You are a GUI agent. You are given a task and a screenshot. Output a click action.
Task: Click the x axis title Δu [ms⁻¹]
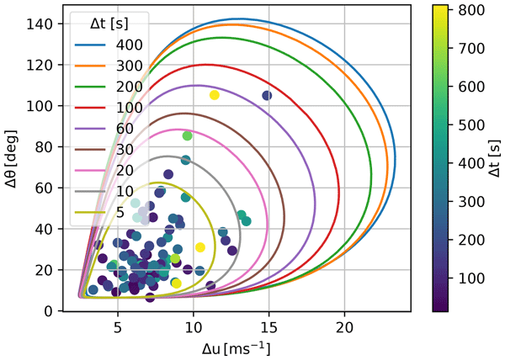231,347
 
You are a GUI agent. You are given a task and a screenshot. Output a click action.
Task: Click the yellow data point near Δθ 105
214,95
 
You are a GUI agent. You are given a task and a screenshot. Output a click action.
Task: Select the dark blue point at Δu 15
268,95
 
